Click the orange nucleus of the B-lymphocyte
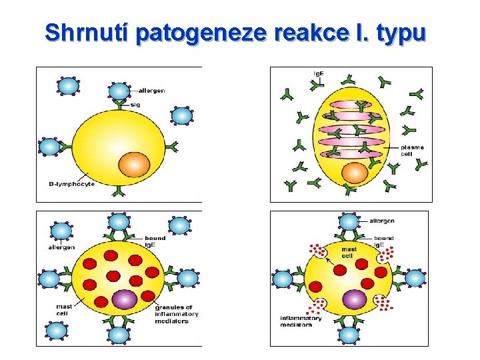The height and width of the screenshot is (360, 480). click(x=135, y=163)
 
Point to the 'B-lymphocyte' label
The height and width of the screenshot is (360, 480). click(x=72, y=184)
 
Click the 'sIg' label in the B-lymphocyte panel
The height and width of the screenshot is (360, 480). click(x=135, y=105)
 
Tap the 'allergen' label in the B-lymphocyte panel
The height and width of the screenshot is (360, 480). click(x=152, y=90)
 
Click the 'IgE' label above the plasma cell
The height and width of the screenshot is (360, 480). click(x=320, y=73)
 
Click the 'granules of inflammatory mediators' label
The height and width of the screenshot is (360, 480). click(x=176, y=314)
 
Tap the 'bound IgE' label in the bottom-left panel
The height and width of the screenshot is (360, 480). click(x=155, y=241)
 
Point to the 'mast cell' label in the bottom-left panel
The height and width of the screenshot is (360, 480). click(x=64, y=310)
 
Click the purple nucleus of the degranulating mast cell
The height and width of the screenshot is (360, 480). click(x=354, y=299)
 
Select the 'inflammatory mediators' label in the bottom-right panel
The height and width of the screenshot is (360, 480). click(x=300, y=321)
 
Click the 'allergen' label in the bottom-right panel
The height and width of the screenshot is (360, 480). click(x=381, y=221)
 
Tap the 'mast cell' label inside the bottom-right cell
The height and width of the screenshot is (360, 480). click(x=349, y=252)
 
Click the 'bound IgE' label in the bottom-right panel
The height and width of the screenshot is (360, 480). click(x=384, y=241)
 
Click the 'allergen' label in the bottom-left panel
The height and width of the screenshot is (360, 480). click(x=61, y=247)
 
